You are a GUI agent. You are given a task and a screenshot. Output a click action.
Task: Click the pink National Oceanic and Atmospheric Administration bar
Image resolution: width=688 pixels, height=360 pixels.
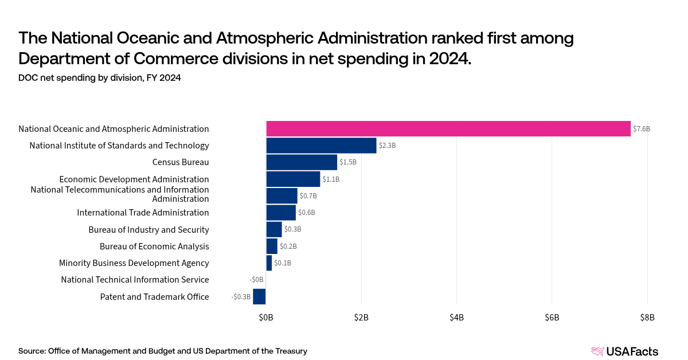[x=448, y=129]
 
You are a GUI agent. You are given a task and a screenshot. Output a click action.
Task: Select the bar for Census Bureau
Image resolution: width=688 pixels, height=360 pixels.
[x=302, y=162]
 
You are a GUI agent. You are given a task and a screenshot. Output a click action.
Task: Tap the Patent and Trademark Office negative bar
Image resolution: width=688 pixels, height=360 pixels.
[x=259, y=296]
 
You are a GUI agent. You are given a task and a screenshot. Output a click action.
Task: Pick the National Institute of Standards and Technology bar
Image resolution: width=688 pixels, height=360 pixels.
[x=321, y=145]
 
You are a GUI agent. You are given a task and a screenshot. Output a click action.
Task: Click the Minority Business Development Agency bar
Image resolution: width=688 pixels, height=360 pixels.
[x=269, y=263]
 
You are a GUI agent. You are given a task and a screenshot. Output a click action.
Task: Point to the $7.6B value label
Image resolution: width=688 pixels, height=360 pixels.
[x=642, y=129]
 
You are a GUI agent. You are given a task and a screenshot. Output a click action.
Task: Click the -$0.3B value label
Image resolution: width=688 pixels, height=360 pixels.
[x=241, y=297]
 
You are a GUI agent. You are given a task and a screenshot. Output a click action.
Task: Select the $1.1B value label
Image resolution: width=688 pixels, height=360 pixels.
[x=331, y=179]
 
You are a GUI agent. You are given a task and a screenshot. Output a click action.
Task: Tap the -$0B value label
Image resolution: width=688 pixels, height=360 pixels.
[x=256, y=280]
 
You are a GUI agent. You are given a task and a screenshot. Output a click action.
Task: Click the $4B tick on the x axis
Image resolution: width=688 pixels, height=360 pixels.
[x=456, y=318]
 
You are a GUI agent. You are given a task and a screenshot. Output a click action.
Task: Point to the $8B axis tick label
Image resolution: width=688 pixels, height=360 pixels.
[x=647, y=318]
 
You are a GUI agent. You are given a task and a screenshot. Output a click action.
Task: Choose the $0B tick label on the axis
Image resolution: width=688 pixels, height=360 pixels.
[x=266, y=318]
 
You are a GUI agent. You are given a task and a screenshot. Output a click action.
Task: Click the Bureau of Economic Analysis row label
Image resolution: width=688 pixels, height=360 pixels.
[x=154, y=246]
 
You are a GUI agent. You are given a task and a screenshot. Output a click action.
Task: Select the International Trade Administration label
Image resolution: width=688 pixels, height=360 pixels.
[x=143, y=213]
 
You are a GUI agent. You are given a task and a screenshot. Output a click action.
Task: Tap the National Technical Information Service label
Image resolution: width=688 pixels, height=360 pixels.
[x=135, y=280]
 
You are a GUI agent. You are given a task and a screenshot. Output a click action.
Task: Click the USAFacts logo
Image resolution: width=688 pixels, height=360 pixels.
[x=625, y=351]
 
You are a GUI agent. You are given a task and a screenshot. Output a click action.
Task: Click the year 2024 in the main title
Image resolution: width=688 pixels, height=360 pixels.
[x=450, y=58]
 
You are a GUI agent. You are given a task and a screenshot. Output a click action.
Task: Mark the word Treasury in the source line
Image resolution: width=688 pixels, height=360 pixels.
[x=291, y=351]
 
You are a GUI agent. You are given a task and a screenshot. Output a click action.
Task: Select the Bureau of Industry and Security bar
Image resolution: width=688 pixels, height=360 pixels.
[x=274, y=229]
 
